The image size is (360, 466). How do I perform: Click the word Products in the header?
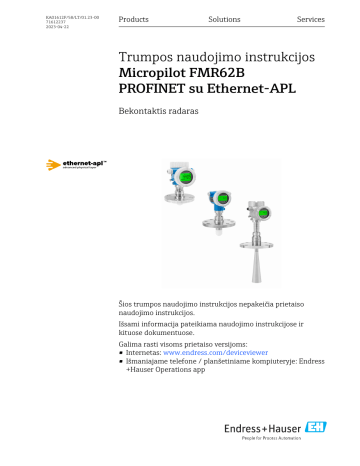[134, 20]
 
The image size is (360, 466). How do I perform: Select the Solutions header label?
[224, 20]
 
